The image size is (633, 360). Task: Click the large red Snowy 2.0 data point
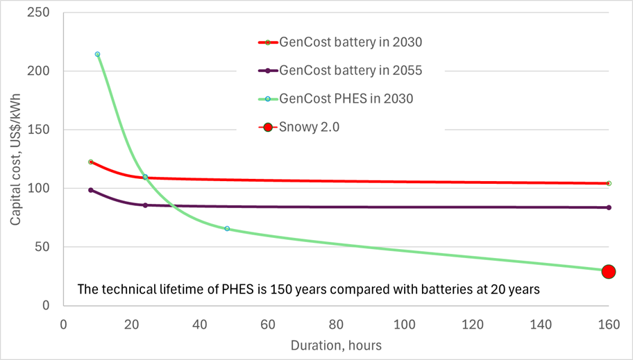coord(608,272)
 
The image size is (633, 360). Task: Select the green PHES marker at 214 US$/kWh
coord(98,54)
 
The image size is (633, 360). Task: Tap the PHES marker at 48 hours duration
coord(227,228)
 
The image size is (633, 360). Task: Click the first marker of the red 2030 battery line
coord(91,162)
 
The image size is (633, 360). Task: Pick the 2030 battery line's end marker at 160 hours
coord(609,183)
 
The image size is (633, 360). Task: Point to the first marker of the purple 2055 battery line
coord(91,190)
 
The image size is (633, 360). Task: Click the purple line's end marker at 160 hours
coord(609,207)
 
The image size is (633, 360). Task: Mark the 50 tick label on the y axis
coord(46,247)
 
